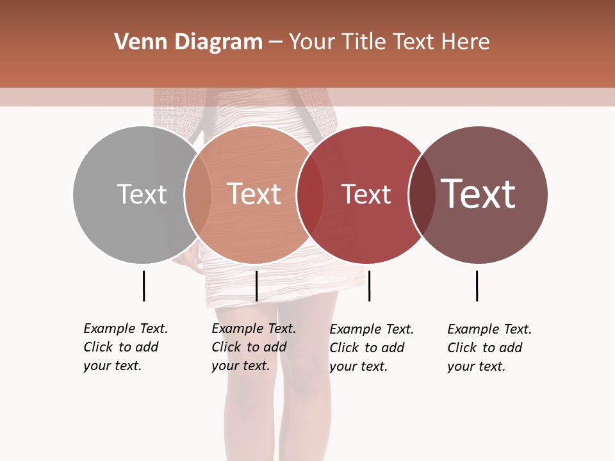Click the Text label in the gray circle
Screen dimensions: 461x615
pos(142,194)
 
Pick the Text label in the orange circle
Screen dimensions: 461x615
pos(254,194)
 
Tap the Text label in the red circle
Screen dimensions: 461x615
pos(366,194)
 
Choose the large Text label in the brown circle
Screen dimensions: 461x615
pos(479,194)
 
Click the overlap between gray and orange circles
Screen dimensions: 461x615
pos(198,195)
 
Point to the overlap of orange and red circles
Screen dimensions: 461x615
pos(310,195)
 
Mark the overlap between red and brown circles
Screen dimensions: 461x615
pos(422,195)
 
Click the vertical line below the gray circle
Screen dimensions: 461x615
pos(143,286)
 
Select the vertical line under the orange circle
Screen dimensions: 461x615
pos(256,286)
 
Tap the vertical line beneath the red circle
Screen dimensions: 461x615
pos(369,286)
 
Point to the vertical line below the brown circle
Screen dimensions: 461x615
pos(477,286)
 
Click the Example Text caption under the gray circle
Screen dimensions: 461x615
pos(126,347)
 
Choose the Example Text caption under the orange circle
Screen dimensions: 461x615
pos(254,347)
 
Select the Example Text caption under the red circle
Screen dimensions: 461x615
pos(372,348)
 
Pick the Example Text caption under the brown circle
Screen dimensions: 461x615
pos(489,348)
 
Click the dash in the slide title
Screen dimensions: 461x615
pos(275,43)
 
